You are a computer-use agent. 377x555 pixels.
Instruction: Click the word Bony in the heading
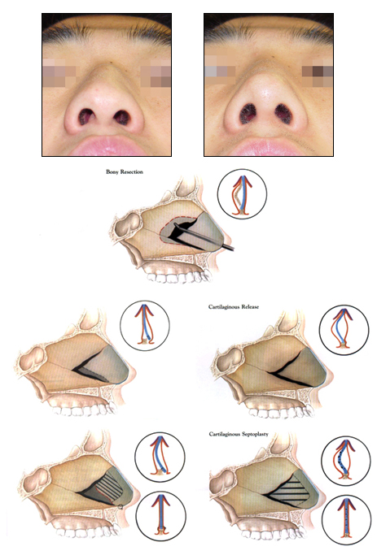pyautogui.click(x=112, y=172)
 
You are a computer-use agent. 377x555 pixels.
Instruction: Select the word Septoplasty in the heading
pyautogui.click(x=254, y=434)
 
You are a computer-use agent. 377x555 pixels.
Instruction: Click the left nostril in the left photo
pyautogui.click(x=86, y=117)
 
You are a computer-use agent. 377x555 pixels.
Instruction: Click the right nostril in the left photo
pyautogui.click(x=121, y=118)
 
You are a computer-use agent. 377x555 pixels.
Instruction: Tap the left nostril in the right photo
pyautogui.click(x=248, y=113)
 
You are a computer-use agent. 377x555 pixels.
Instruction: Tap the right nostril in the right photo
pyautogui.click(x=283, y=114)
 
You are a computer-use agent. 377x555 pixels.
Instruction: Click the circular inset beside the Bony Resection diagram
pyautogui.click(x=242, y=194)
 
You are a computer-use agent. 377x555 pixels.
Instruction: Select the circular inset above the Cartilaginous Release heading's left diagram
pyautogui.click(x=145, y=326)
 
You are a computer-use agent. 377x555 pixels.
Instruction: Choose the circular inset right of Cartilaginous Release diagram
pyautogui.click(x=344, y=330)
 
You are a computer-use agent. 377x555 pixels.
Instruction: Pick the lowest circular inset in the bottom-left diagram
pyautogui.click(x=160, y=516)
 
